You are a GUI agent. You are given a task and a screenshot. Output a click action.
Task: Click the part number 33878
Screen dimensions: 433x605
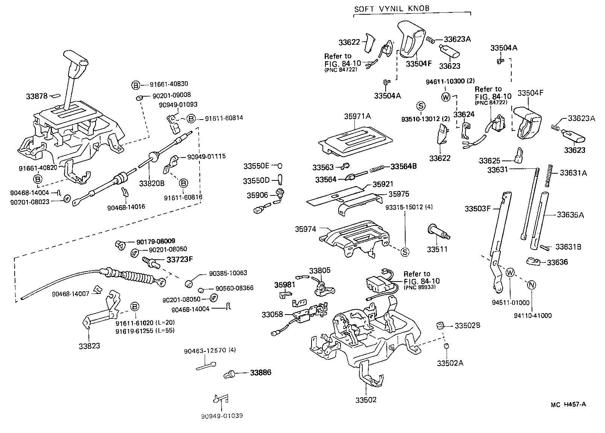[36, 96]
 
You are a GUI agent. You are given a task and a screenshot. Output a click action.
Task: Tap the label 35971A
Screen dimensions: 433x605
[357, 117]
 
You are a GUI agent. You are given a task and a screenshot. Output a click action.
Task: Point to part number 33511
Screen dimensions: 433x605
[437, 249]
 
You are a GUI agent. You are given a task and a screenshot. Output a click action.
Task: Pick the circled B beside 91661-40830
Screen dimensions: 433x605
[135, 85]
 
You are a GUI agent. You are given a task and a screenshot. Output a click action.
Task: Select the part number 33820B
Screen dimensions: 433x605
[152, 183]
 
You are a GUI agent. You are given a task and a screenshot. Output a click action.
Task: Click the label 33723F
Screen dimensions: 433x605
[179, 259]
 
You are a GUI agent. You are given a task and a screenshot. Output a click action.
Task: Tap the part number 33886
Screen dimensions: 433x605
[261, 373]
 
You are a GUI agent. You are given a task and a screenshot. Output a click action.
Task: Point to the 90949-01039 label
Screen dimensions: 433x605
[222, 416]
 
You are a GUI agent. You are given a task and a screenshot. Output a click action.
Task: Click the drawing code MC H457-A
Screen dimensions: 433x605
[568, 404]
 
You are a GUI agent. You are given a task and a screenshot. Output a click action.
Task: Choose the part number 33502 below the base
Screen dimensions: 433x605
[366, 400]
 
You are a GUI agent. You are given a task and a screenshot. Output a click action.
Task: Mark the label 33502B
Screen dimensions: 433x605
[467, 326]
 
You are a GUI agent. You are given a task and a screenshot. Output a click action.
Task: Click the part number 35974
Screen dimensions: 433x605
[306, 229]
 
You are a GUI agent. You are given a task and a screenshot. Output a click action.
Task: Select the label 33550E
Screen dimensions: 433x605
[256, 166]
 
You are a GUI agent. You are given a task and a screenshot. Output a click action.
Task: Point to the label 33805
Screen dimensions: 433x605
[320, 270]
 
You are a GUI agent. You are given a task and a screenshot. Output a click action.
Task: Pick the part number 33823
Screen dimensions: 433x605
[89, 346]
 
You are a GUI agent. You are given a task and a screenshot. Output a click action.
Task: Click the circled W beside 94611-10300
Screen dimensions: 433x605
[445, 97]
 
